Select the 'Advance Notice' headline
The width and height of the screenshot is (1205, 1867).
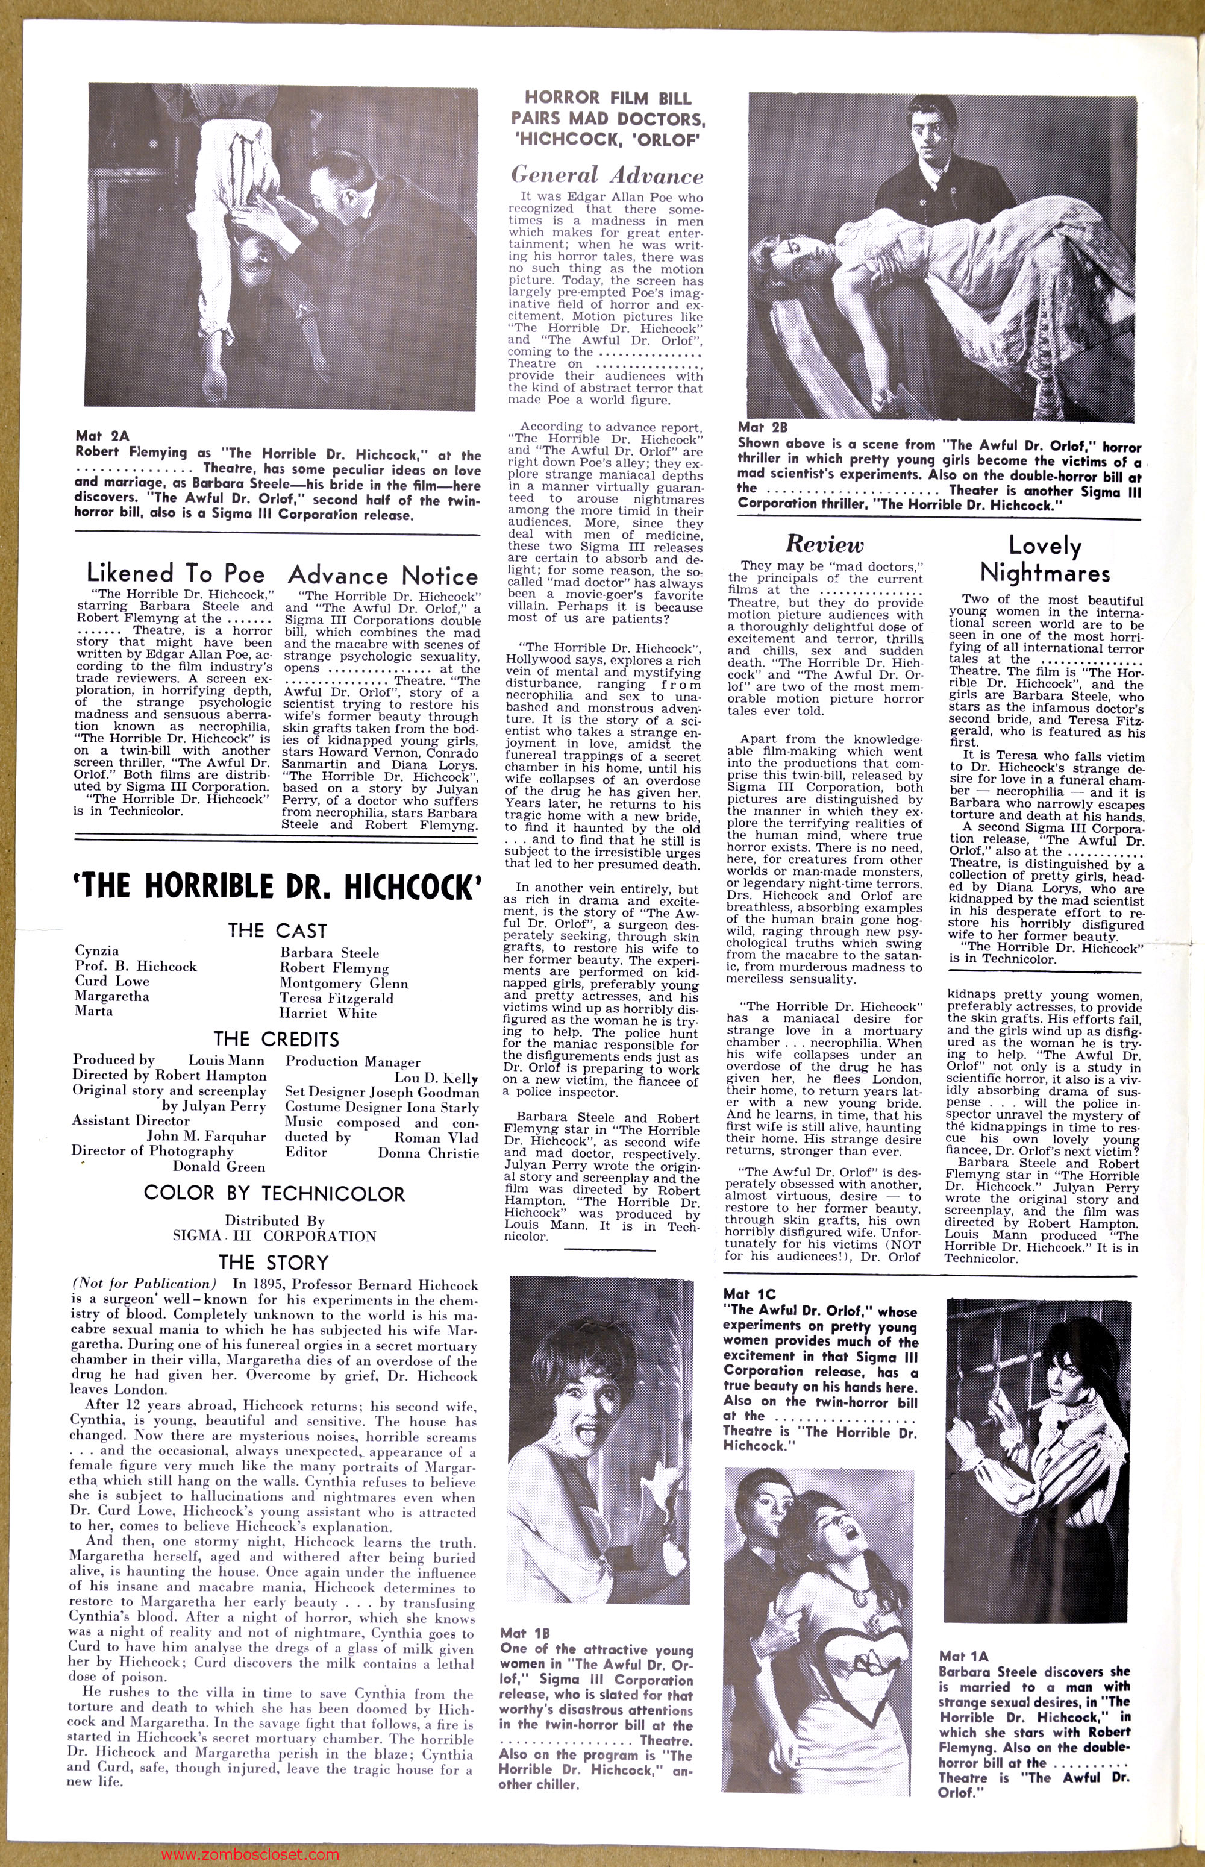click(383, 576)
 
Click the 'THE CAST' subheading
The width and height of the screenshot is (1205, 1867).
click(277, 930)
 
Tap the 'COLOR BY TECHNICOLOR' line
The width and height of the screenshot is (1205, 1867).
click(274, 1193)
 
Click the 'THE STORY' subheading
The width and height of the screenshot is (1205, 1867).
click(274, 1262)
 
